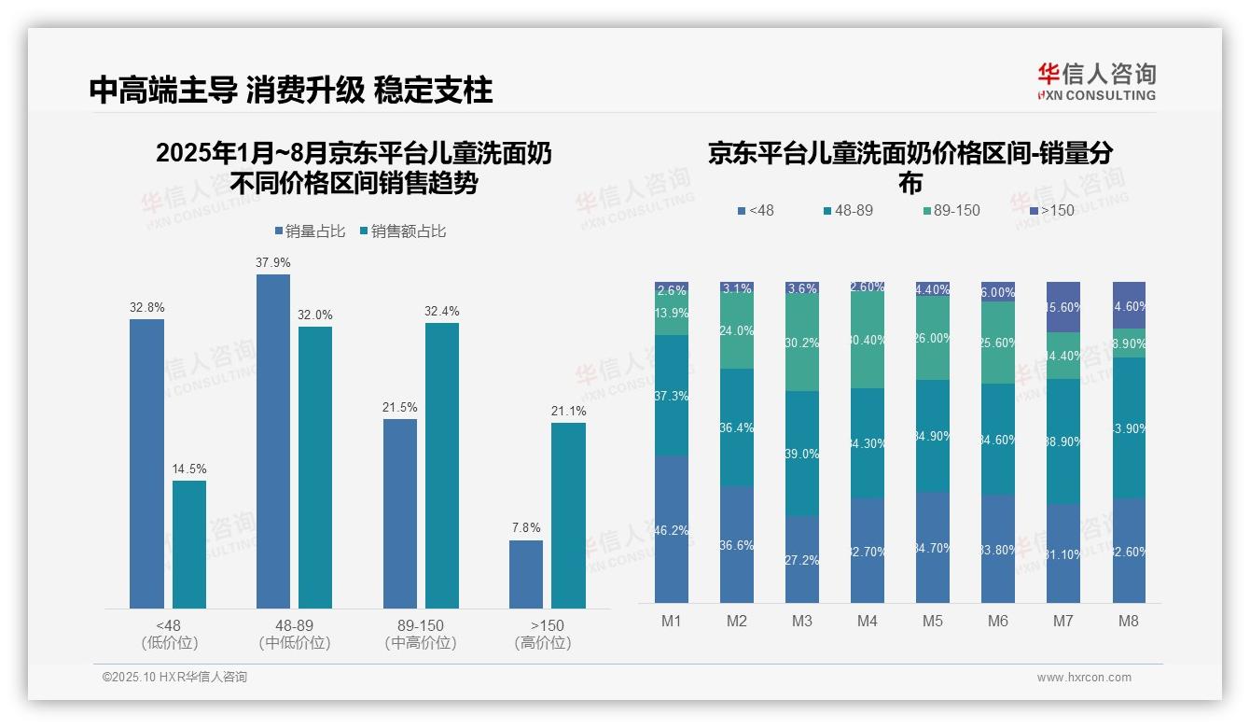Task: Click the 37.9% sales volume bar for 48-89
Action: coord(272,441)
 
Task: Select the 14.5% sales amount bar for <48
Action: coord(189,544)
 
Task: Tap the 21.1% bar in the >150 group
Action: coord(568,515)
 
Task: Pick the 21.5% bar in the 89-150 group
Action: coord(399,513)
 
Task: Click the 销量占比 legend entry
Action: coord(314,231)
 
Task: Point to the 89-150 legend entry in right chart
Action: coord(951,211)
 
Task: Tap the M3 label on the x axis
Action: coord(802,622)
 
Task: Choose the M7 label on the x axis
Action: coord(1063,622)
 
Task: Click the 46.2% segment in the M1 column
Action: coord(672,529)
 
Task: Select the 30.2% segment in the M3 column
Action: coord(802,343)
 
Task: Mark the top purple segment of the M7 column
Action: coord(1063,307)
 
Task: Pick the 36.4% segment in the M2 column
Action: coord(737,427)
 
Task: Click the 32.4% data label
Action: coord(442,312)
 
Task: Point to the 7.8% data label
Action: coord(526,528)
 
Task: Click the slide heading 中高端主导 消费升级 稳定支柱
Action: coord(291,91)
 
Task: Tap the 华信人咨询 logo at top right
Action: coord(1096,82)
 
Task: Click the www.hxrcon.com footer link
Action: coord(1084,678)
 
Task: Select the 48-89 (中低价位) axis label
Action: coord(295,634)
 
